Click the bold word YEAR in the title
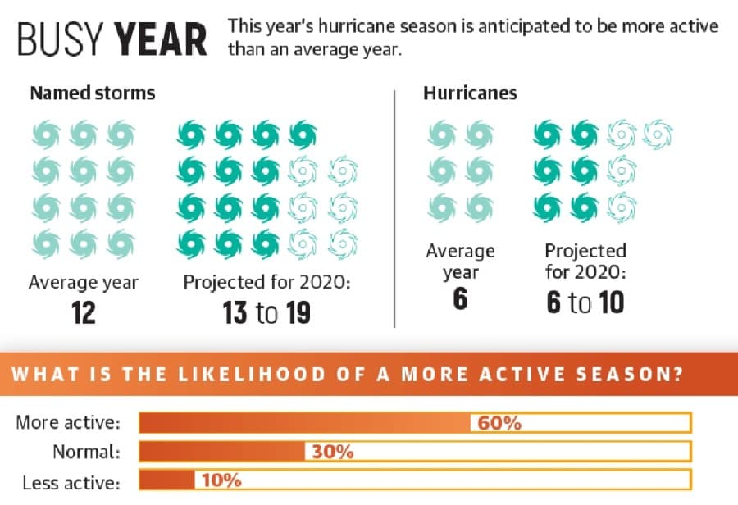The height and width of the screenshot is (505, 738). [161, 39]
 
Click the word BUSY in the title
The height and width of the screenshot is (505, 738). [60, 39]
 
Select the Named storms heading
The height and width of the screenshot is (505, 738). [92, 93]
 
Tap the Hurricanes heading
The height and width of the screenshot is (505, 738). [470, 93]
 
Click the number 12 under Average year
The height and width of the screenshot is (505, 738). [84, 313]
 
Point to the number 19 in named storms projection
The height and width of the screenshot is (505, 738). [298, 313]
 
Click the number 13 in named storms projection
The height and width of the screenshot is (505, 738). [235, 313]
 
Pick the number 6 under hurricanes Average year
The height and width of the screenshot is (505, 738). [460, 298]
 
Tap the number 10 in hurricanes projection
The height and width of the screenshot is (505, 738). [612, 303]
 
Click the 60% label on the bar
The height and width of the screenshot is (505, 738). [499, 423]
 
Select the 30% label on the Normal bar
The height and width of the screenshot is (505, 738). [332, 452]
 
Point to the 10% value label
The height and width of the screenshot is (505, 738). [221, 480]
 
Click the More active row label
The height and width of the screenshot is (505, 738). [68, 422]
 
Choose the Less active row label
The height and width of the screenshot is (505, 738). [71, 483]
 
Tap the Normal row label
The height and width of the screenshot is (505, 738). [87, 452]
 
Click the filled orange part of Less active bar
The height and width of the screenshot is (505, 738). [167, 480]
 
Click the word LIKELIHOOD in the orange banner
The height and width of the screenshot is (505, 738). [252, 374]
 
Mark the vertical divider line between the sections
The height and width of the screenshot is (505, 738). [394, 208]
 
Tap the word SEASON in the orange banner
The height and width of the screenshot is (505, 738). [629, 374]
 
